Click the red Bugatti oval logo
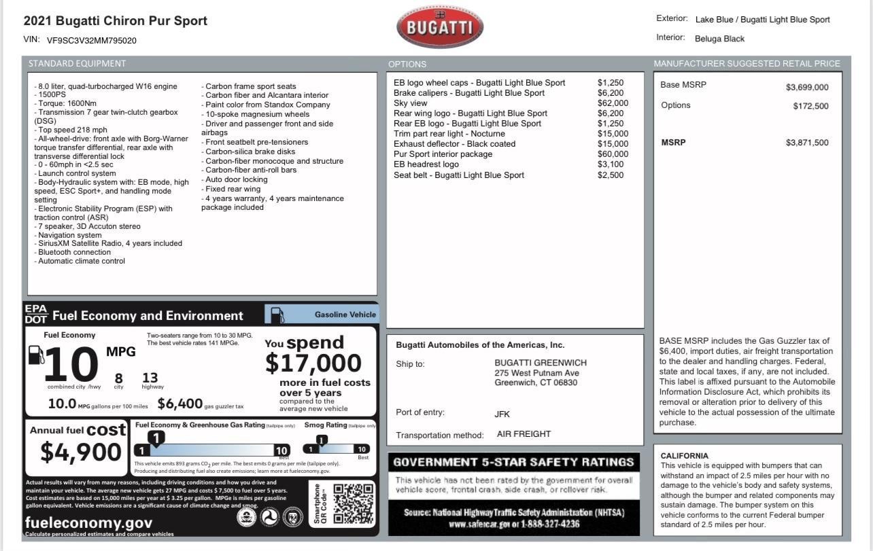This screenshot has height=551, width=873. point(440,27)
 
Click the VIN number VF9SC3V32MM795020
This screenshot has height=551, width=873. point(92,41)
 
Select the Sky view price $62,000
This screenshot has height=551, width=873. point(613,103)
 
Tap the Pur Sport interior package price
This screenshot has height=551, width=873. point(613,154)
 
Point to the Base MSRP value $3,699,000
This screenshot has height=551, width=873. point(807,87)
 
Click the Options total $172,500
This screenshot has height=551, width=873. point(810,106)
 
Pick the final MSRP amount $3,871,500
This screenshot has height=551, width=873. point(807,143)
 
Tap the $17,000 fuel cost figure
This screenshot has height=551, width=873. point(313,363)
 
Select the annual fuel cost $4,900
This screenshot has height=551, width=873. point(81,452)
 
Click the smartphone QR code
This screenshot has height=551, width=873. point(353,503)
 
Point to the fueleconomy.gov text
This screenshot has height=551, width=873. point(88,522)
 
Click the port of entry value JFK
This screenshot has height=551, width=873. point(502,414)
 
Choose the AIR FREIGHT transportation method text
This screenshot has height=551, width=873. point(524,434)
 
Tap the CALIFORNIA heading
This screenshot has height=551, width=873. point(684,456)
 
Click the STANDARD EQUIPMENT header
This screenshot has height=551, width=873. point(77,64)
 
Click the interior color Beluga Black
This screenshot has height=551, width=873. point(719,39)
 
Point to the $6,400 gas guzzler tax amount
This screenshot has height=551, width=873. point(180,404)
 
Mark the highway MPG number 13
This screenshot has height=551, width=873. point(150,378)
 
